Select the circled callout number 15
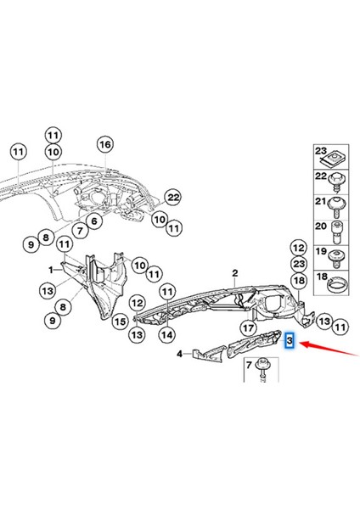(121, 322)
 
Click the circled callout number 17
(249, 327)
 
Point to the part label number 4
(179, 354)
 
